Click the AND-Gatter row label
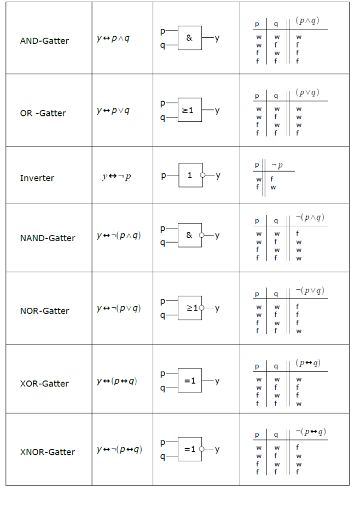click(44, 41)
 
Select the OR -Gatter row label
click(43, 113)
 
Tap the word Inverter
click(37, 178)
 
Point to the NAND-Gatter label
click(48, 238)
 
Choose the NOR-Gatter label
click(45, 311)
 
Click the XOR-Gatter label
click(44, 384)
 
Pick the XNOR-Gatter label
click(48, 452)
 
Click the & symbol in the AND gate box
click(189, 38)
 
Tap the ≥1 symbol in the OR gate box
click(188, 110)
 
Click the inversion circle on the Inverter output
click(202, 175)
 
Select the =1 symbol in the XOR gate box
click(190, 381)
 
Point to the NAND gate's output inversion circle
click(201, 235)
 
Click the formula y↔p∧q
click(113, 38)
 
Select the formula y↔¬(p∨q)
click(119, 308)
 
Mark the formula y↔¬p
click(117, 177)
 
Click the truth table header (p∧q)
click(307, 20)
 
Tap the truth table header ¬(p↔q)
click(311, 431)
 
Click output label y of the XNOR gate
click(217, 449)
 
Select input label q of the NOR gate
click(162, 315)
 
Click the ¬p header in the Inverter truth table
click(277, 165)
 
